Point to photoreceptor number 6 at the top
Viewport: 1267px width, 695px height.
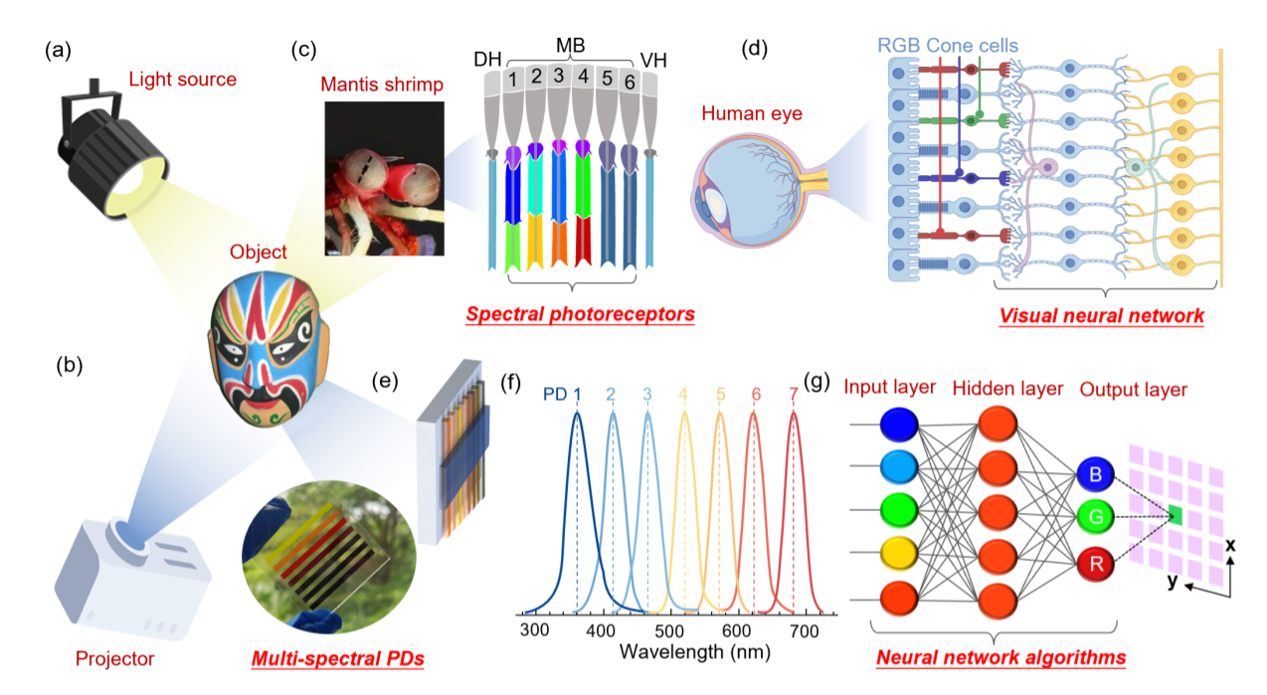coord(629,84)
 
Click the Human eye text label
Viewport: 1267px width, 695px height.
coord(752,113)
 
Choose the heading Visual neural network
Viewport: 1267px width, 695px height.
coord(1101,316)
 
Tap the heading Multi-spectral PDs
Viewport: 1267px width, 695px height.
coord(338,658)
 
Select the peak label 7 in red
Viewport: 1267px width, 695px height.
coord(793,394)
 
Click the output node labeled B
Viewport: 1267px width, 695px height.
coord(1094,476)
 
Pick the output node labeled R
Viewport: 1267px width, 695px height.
coord(1094,566)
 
